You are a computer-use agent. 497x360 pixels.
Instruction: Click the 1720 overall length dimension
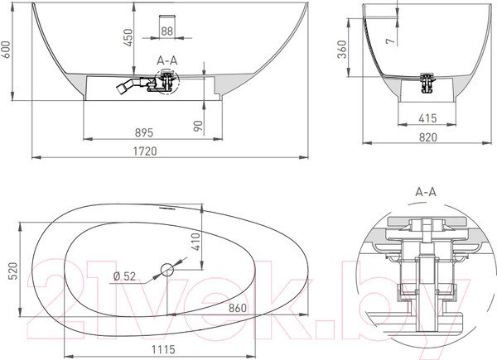coord(145,151)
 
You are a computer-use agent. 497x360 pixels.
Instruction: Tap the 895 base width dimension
coord(144,132)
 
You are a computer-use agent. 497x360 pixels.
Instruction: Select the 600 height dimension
coord(6,50)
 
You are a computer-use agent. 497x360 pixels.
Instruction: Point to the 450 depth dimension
coord(128,37)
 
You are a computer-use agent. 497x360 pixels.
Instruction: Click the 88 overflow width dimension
coord(167,31)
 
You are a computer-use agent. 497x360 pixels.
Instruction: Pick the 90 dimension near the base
coord(198,126)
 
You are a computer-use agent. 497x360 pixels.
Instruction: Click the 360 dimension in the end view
coord(342,50)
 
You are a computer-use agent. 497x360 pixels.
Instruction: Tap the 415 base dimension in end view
coord(427,118)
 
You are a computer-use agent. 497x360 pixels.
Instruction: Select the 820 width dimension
coord(428,137)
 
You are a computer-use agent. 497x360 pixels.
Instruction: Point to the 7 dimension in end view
coord(391,41)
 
